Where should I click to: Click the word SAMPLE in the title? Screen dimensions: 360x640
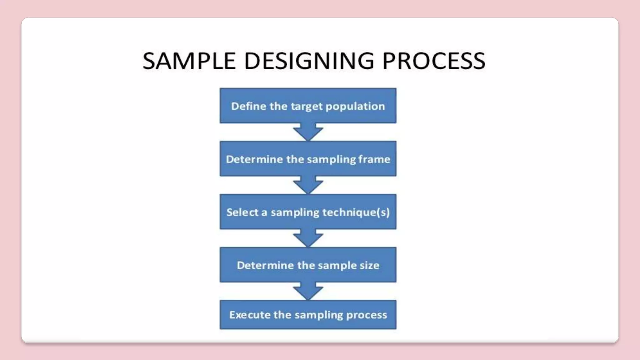tap(189, 61)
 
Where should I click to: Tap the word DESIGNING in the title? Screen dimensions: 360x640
tap(309, 61)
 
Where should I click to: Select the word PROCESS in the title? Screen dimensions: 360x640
tap(434, 61)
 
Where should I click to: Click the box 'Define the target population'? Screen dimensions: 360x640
tap(308, 106)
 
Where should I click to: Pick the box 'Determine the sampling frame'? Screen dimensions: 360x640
tap(308, 159)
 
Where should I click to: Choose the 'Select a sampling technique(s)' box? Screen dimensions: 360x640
tap(308, 212)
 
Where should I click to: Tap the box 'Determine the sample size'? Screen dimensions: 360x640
tap(308, 265)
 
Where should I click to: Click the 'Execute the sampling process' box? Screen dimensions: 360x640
tap(308, 315)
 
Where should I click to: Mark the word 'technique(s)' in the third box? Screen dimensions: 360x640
tap(356, 212)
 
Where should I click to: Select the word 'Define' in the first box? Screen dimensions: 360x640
tap(248, 106)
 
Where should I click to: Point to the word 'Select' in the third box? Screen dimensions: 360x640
tap(242, 212)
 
